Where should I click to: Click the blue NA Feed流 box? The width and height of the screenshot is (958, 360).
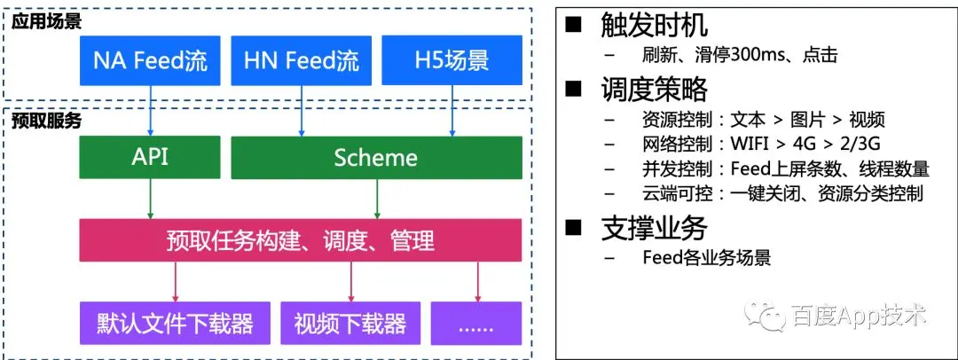(x=151, y=60)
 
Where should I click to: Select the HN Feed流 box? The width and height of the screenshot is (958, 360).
(x=302, y=60)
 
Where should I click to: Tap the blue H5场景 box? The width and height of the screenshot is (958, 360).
(x=452, y=60)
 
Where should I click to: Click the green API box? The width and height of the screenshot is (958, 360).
(x=151, y=157)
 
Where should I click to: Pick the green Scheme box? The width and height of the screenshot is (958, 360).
(x=376, y=157)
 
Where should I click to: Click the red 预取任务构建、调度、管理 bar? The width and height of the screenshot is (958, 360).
(x=301, y=239)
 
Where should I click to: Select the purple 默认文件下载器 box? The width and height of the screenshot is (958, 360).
(x=175, y=323)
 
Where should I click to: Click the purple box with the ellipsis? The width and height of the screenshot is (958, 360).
(x=476, y=323)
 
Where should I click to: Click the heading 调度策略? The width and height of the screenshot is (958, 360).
(x=654, y=89)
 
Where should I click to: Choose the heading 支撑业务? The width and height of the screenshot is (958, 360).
(x=654, y=228)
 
